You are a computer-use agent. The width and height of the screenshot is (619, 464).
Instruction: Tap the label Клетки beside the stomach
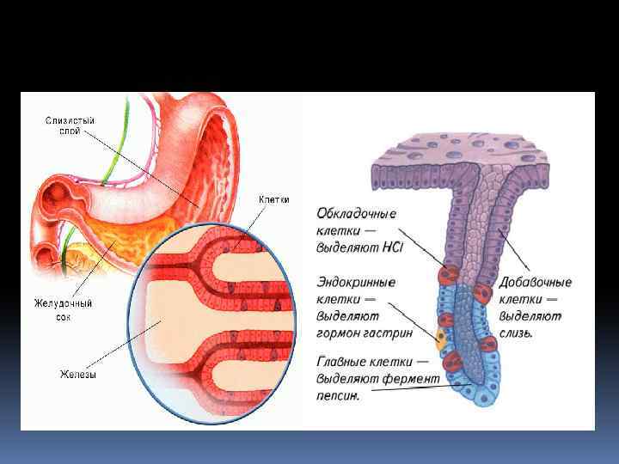pos(273,199)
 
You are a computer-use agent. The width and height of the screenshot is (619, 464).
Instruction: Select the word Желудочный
pos(63,303)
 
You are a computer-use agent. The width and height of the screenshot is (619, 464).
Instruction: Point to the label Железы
pos(76,373)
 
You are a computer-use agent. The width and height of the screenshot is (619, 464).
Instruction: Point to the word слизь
pos(518,333)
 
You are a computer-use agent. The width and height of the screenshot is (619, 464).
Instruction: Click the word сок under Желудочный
pos(64,316)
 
